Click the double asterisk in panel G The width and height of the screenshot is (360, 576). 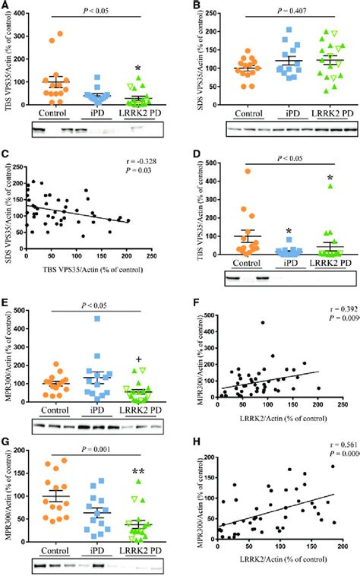139,473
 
